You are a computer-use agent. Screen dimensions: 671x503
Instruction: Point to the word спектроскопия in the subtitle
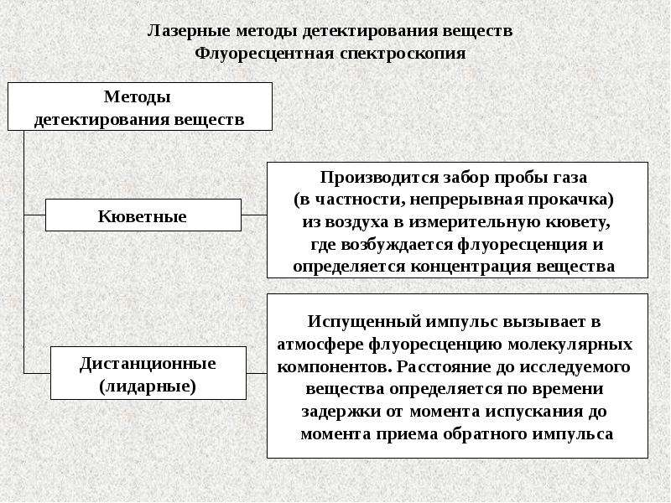403,54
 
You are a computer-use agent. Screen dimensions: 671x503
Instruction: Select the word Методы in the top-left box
138,96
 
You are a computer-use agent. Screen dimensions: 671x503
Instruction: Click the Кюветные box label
142,216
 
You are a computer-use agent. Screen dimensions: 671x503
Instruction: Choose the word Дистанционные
148,364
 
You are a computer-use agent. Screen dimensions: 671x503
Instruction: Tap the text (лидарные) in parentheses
148,386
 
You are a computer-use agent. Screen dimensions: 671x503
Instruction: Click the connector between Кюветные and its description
254,215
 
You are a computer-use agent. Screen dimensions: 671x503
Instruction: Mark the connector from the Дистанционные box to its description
257,373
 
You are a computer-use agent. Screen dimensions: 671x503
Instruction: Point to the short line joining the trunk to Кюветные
34,215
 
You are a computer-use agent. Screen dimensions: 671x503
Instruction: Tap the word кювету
576,222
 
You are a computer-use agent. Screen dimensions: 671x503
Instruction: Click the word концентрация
471,267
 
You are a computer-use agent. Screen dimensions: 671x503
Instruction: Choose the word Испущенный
364,322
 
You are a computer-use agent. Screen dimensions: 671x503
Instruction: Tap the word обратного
486,433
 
